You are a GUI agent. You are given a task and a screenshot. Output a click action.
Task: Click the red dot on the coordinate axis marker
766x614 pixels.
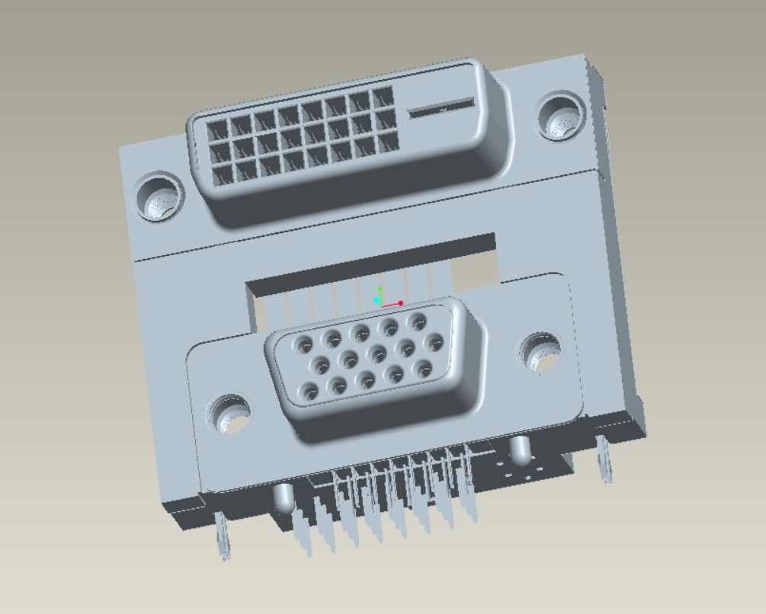point(401,303)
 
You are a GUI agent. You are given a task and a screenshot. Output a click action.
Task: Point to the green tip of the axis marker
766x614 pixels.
point(380,289)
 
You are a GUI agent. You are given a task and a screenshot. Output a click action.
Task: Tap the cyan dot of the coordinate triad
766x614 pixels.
point(377,300)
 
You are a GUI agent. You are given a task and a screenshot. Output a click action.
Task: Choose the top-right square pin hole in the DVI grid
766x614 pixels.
point(382,98)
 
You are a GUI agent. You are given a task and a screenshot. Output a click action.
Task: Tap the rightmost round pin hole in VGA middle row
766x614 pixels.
point(434,341)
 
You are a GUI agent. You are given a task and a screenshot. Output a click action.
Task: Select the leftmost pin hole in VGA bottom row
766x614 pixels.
point(309,393)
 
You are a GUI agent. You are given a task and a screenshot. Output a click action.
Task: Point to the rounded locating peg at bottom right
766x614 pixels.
point(521,449)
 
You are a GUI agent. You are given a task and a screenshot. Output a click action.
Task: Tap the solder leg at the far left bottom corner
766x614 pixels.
point(223,536)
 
